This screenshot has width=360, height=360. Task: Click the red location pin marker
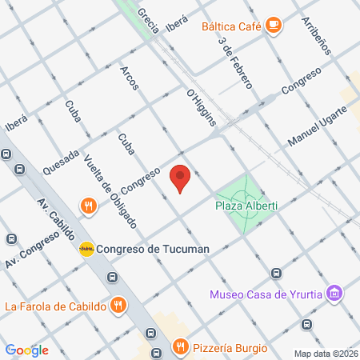click(181, 178)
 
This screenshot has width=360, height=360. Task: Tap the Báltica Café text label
click(233, 26)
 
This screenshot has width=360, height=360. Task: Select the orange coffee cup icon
click(274, 26)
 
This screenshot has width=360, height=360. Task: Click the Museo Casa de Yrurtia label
click(266, 294)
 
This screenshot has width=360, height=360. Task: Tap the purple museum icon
click(335, 294)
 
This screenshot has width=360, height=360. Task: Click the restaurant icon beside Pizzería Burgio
click(181, 347)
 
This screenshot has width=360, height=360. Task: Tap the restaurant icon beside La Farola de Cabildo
click(118, 305)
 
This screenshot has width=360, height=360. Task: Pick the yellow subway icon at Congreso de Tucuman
click(86, 249)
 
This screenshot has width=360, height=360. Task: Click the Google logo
click(26, 350)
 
